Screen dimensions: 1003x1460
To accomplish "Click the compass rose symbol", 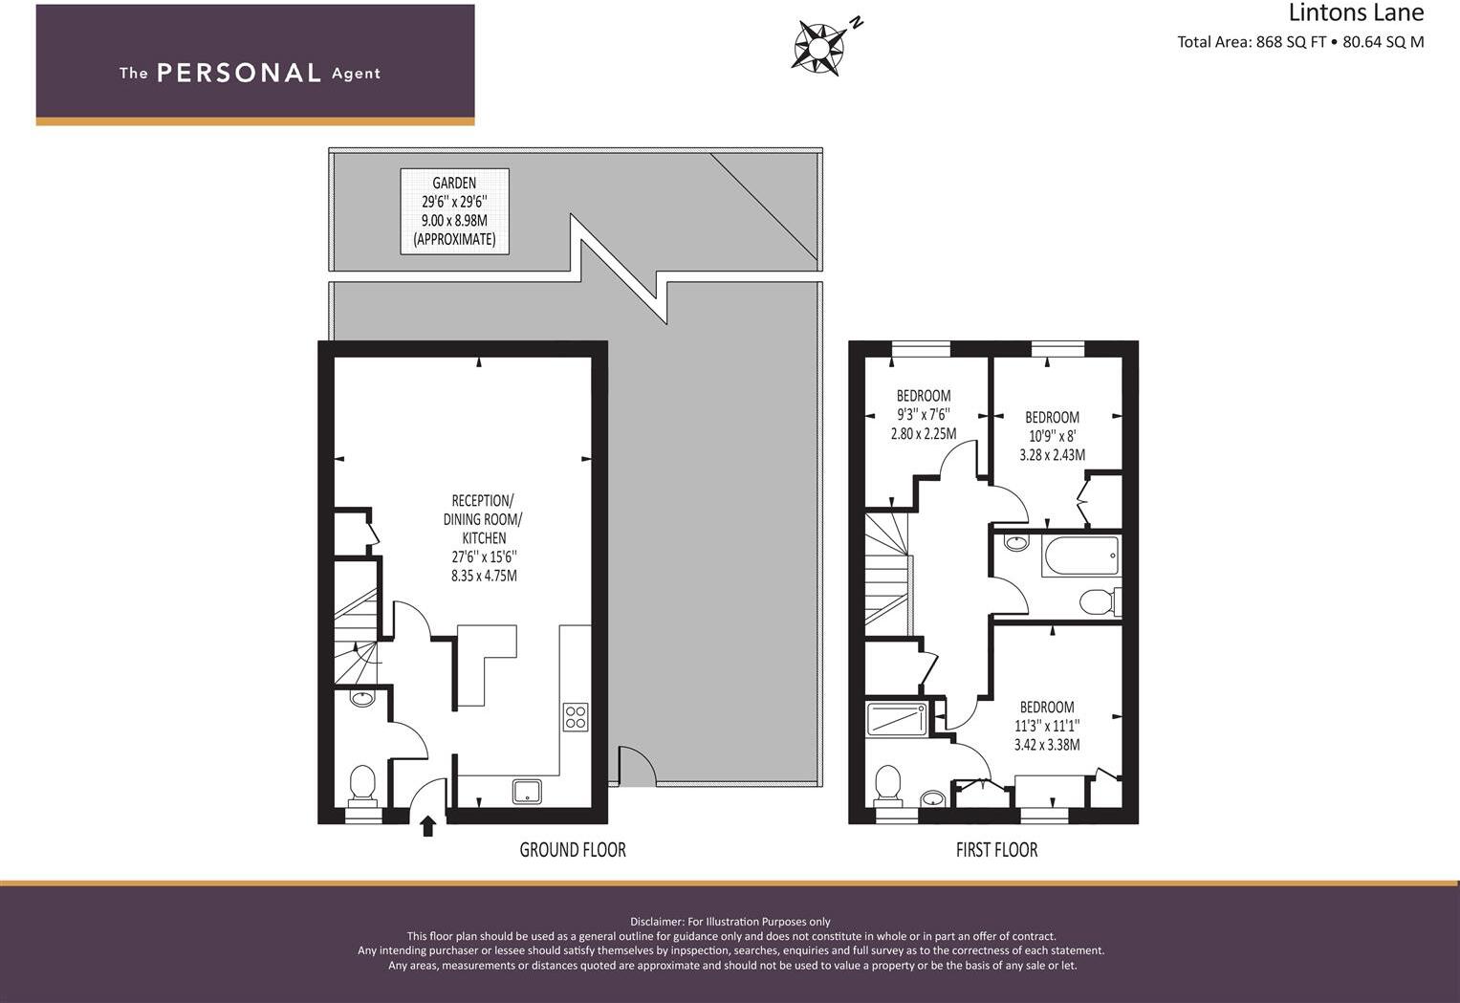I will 818,46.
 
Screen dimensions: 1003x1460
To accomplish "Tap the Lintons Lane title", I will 1356,12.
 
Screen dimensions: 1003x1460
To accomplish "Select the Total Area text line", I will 1300,42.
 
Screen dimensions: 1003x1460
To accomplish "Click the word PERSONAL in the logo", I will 238,73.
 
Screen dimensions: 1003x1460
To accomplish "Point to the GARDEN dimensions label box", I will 454,211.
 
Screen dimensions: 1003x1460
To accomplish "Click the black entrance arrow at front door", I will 427,825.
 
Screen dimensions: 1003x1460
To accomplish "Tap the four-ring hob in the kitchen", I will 576,716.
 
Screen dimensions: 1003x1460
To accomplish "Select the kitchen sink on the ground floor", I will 527,792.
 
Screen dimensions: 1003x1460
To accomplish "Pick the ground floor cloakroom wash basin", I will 362,699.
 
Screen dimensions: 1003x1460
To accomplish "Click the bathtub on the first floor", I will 1080,556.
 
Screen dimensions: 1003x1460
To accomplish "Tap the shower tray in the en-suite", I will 897,720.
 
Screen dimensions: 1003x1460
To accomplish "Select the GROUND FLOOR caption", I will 573,850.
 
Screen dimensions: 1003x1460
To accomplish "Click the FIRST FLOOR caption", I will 996,850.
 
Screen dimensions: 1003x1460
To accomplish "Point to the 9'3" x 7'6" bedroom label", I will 924,414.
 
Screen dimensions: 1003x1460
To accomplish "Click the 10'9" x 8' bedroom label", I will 1052,436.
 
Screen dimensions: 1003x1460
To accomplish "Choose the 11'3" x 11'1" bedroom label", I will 1047,726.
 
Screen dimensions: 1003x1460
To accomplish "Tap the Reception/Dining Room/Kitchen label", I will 484,537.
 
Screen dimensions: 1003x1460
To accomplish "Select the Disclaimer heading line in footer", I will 730,922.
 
